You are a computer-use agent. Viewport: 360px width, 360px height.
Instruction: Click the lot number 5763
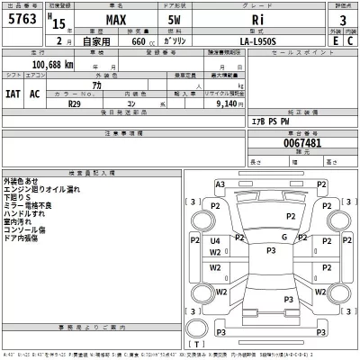(x=21, y=20)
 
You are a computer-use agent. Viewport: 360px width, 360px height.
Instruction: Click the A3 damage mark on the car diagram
(x=220, y=184)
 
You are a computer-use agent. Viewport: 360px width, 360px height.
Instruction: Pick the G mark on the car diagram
(x=284, y=237)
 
